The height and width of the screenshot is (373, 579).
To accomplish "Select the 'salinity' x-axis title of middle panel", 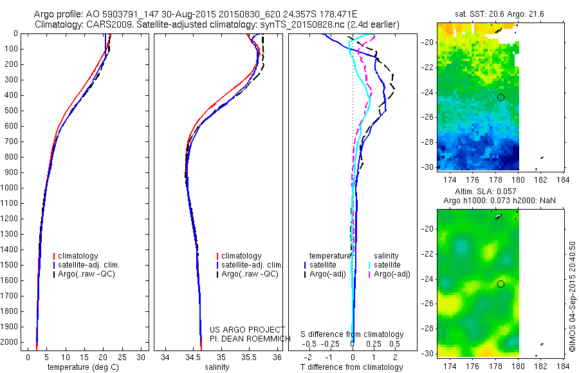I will (216, 367).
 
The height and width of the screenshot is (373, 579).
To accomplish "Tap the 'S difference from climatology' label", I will (352, 334).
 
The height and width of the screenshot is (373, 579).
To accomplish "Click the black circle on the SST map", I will (501, 97).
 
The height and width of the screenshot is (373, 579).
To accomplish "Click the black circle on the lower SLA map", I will (501, 284).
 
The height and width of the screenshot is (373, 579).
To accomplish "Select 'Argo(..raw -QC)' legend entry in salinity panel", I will (250, 274).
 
